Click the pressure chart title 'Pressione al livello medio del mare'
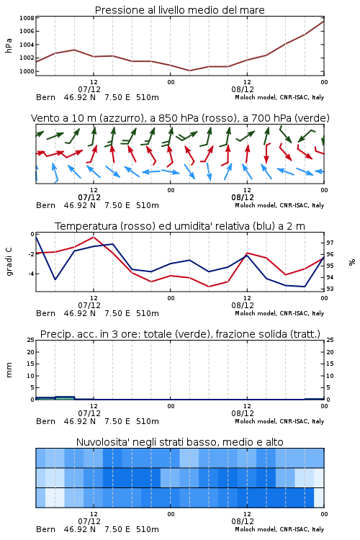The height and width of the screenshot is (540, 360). click(179, 10)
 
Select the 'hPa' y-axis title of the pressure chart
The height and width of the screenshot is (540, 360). click(9, 45)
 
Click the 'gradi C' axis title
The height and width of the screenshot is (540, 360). click(9, 262)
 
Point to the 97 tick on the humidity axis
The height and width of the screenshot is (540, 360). click(330, 243)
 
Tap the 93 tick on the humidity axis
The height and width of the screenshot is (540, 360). click(330, 289)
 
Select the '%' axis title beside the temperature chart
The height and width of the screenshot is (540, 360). click(352, 262)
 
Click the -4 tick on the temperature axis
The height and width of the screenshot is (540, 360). click(31, 274)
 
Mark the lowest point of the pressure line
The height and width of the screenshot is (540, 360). click(189, 71)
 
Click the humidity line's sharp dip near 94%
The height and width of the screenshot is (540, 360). click(55, 279)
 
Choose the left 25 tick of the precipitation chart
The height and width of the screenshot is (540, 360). click(31, 340)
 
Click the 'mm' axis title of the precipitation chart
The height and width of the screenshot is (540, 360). click(9, 370)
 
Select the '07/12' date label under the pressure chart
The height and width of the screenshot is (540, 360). click(89, 89)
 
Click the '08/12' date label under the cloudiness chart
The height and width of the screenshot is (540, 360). click(243, 521)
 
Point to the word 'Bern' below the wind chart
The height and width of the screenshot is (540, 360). click(45, 206)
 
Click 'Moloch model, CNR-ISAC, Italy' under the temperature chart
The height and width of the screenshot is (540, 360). click(279, 313)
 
